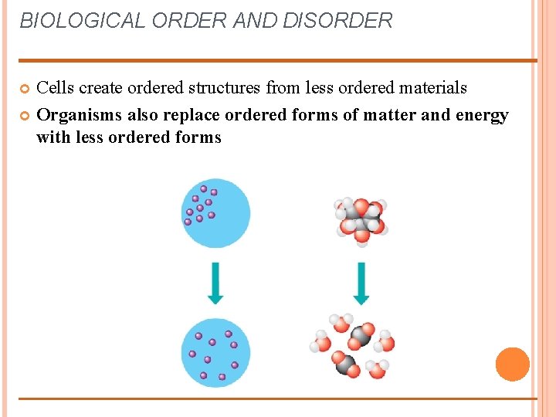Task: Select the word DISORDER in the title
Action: (337, 21)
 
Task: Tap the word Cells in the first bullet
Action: (56, 88)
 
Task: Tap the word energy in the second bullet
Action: (481, 116)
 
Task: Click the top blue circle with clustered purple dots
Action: (215, 213)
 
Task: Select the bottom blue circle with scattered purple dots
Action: (215, 352)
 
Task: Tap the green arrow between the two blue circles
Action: (215, 283)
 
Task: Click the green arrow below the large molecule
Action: (361, 283)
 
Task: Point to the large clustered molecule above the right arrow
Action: (361, 219)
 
